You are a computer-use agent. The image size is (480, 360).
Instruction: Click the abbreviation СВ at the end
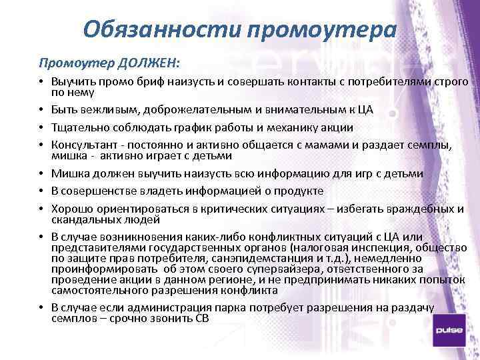coord(201,319)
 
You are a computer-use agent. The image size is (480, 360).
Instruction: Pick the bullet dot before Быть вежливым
coord(41,109)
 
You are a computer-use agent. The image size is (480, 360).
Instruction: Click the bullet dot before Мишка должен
coord(41,173)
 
